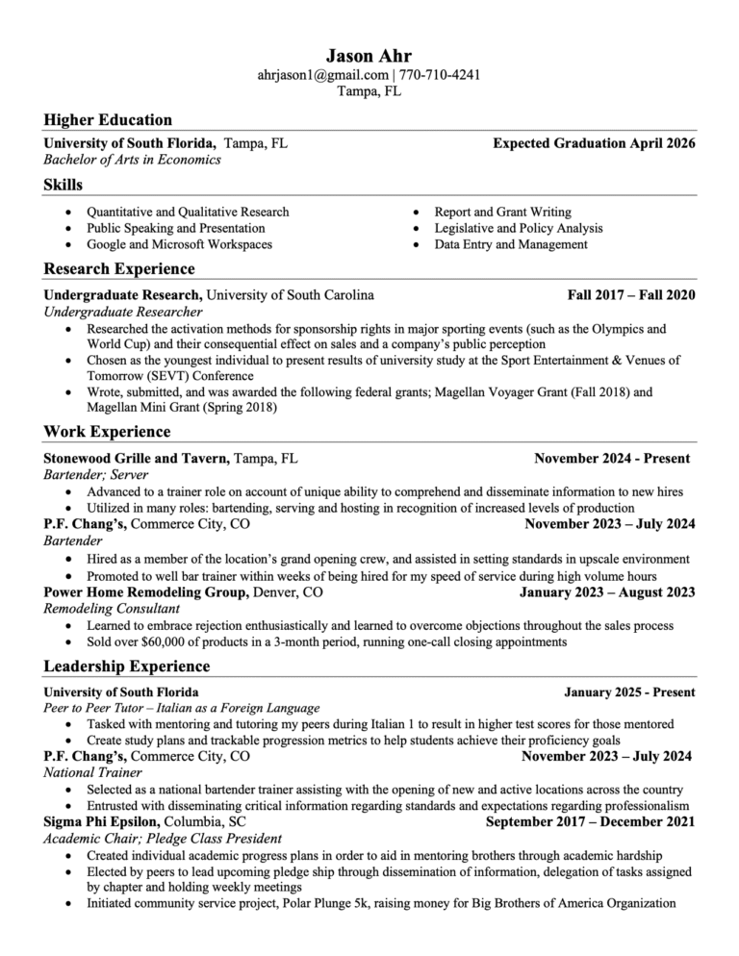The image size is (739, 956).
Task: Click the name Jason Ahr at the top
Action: pyautogui.click(x=369, y=55)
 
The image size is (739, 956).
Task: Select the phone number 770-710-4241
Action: pyautogui.click(x=440, y=75)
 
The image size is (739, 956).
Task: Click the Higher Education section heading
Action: pyautogui.click(x=108, y=120)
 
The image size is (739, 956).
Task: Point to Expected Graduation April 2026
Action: pyautogui.click(x=594, y=143)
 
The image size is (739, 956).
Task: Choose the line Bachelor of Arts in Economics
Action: pyautogui.click(x=133, y=160)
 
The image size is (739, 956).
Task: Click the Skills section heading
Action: pyautogui.click(x=64, y=185)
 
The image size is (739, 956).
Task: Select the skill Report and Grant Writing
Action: pyautogui.click(x=502, y=212)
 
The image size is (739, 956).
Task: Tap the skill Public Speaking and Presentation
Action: pyautogui.click(x=175, y=228)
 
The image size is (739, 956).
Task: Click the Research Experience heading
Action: pyautogui.click(x=119, y=268)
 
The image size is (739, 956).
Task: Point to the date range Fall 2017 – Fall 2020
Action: pyautogui.click(x=631, y=294)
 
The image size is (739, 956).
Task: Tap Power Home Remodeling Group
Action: pyautogui.click(x=147, y=592)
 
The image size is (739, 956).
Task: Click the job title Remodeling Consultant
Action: pyautogui.click(x=112, y=609)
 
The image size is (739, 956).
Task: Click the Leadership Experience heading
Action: pyautogui.click(x=127, y=667)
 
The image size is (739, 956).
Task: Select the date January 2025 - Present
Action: pyautogui.click(x=629, y=692)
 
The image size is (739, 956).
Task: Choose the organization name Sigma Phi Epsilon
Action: pyautogui.click(x=103, y=822)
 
